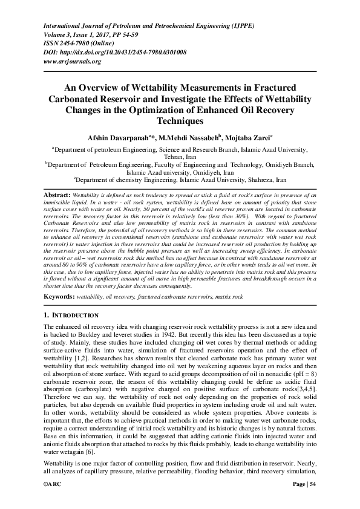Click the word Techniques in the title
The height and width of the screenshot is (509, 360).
(179, 121)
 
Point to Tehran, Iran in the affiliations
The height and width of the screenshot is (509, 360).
(179, 156)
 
